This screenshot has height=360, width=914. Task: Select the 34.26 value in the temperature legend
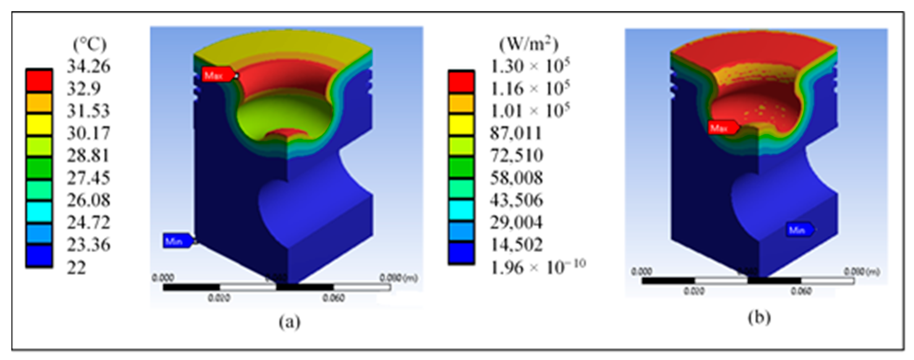pyautogui.click(x=89, y=66)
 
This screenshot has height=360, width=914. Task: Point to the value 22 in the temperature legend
pyautogui.click(x=76, y=267)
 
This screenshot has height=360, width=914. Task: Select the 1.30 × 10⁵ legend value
pyautogui.click(x=530, y=66)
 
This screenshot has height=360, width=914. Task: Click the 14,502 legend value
pyautogui.click(x=516, y=245)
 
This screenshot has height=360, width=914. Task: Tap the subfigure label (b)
pyautogui.click(x=759, y=317)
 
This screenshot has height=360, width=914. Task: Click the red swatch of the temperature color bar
pyautogui.click(x=39, y=81)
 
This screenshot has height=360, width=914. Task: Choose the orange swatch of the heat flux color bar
pyautogui.click(x=461, y=103)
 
